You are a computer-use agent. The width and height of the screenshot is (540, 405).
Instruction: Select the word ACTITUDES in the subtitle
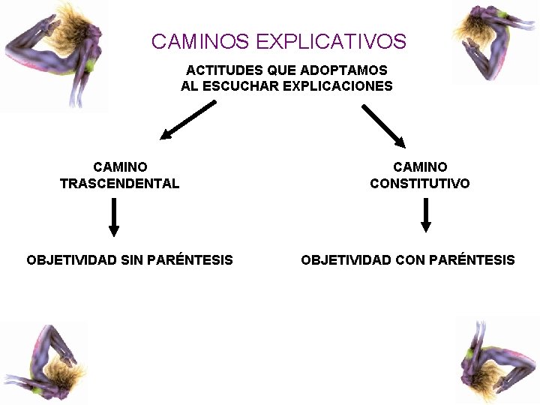coord(218,70)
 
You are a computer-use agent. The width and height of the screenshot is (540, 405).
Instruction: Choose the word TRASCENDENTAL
coord(120,184)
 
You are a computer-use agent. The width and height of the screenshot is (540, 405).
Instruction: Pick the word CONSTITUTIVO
coord(420,184)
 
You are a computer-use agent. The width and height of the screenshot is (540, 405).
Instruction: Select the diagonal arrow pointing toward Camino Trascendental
coord(187,121)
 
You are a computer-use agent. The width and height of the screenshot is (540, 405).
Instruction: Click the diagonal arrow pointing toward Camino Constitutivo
coord(383,125)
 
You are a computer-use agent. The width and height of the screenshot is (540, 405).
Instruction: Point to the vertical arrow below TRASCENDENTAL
coord(114,217)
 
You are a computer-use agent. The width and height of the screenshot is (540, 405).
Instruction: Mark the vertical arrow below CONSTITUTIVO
coord(426,215)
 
